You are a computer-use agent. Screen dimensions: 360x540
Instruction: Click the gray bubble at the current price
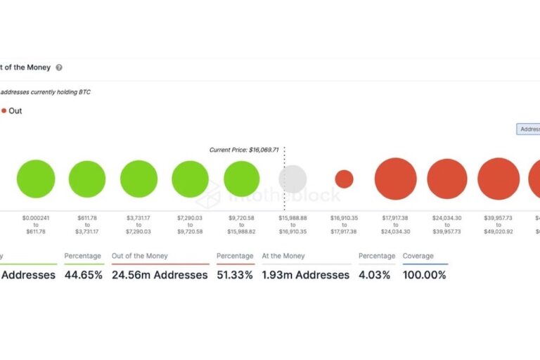292,179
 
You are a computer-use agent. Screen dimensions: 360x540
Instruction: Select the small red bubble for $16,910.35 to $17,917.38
344,179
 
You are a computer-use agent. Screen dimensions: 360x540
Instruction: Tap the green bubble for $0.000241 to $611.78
36,179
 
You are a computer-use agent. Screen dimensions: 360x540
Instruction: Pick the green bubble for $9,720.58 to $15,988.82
242,179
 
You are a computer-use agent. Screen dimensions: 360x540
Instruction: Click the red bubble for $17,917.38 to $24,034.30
396,179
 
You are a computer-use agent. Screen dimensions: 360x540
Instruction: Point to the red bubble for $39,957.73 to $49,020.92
499,179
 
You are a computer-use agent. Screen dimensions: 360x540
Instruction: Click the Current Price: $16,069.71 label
244,150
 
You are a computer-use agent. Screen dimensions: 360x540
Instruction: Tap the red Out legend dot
4,111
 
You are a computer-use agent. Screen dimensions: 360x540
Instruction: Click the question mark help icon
59,67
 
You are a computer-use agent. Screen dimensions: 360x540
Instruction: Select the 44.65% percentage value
84,275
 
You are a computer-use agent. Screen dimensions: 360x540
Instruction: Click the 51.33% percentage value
235,275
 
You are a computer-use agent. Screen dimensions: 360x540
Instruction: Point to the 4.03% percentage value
374,275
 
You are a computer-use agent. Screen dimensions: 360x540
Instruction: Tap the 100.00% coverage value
425,275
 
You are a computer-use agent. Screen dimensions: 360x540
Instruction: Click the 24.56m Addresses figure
160,275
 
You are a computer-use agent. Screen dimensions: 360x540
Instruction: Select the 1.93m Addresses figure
306,275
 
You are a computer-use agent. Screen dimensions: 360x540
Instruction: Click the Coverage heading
418,256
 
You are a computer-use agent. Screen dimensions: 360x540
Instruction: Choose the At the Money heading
284,256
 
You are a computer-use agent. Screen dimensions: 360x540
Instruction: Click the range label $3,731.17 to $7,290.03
139,225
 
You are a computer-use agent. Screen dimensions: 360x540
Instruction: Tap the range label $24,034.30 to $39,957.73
447,225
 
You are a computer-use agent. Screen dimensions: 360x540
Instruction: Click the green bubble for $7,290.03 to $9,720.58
191,179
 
